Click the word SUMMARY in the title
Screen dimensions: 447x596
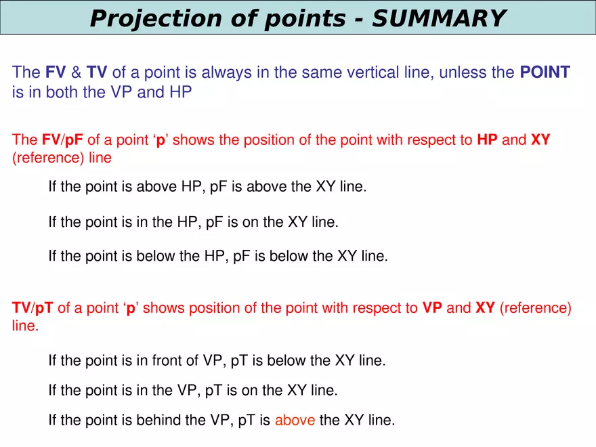point(438,18)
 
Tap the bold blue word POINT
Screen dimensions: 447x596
point(545,72)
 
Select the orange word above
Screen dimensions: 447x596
point(295,420)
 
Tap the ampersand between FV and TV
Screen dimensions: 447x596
point(76,72)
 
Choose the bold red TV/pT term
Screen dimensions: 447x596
point(33,308)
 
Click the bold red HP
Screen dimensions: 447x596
point(488,140)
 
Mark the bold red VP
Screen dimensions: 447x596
point(432,308)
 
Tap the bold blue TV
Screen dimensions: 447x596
point(97,72)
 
